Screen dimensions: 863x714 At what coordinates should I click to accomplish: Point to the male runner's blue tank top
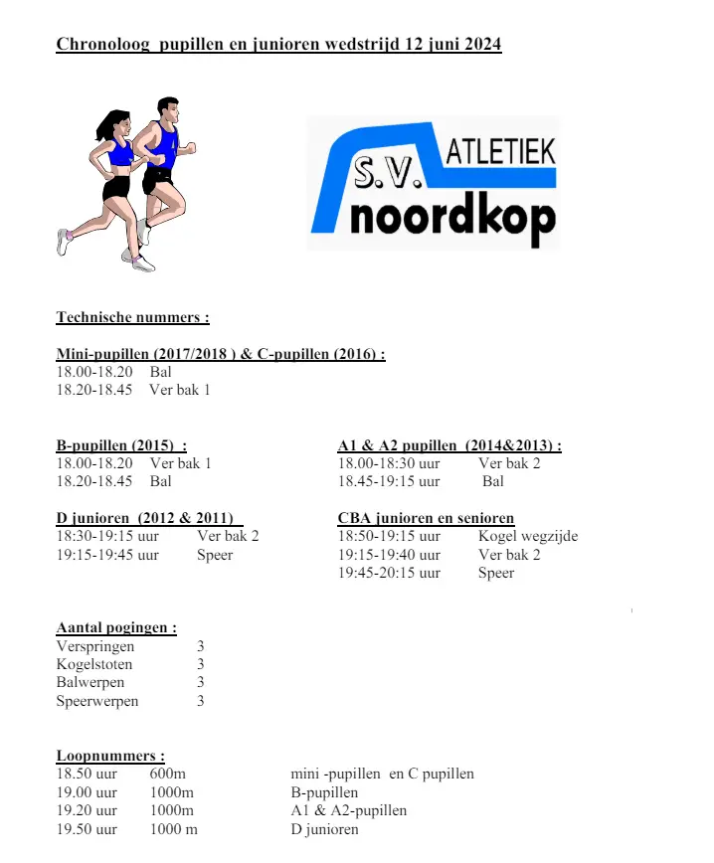(x=163, y=145)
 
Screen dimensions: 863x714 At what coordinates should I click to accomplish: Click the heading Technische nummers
(x=132, y=318)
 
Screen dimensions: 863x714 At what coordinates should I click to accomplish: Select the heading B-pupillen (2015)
(x=121, y=445)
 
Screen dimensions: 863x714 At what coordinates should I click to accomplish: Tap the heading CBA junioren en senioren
(x=426, y=518)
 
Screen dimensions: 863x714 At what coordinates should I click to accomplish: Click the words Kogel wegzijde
(x=527, y=537)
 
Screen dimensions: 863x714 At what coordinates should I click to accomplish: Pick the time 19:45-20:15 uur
(x=389, y=573)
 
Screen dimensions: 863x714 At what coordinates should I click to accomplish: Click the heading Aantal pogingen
(x=116, y=627)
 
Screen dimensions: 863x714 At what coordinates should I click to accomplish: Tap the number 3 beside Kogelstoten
(x=201, y=664)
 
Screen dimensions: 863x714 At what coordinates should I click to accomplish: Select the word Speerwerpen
(x=97, y=701)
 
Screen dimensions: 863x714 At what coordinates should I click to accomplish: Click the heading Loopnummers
(x=110, y=756)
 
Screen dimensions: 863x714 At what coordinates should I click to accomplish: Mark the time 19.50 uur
(x=87, y=829)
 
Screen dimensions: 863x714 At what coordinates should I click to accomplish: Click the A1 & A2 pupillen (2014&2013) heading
(x=449, y=445)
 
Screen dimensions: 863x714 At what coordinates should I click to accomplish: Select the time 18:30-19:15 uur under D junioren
(x=104, y=537)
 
